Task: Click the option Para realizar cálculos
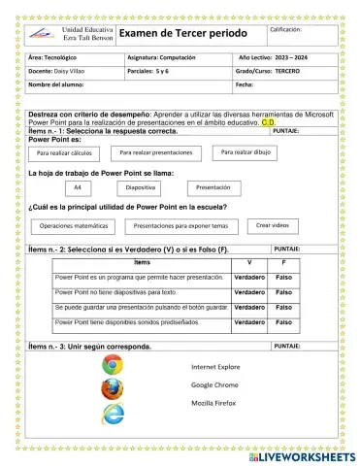(64, 154)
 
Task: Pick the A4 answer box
(77, 188)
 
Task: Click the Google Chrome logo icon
(113, 365)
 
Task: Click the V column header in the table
(249, 263)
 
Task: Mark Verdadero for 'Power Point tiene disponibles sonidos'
(249, 321)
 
